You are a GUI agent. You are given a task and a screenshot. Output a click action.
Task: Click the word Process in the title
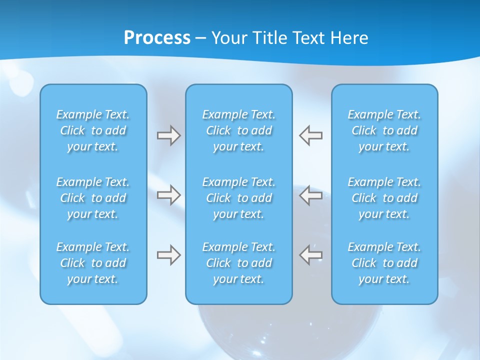pyautogui.click(x=157, y=38)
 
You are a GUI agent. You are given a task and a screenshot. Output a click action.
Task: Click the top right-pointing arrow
pyautogui.click(x=169, y=135)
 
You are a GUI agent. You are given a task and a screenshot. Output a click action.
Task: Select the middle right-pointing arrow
pyautogui.click(x=169, y=195)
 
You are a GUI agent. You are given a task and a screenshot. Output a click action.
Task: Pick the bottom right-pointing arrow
pyautogui.click(x=169, y=255)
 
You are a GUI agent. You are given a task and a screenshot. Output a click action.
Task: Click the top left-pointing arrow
pyautogui.click(x=310, y=135)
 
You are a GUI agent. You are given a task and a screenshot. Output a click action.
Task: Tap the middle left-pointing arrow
pyautogui.click(x=310, y=195)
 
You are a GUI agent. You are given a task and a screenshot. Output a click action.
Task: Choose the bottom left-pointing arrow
pyautogui.click(x=310, y=255)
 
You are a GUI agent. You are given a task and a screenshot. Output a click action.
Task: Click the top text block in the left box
pyautogui.click(x=93, y=130)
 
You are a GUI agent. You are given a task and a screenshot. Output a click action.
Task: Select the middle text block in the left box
pyautogui.click(x=93, y=198)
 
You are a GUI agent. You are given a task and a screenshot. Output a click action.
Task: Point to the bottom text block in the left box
pyautogui.click(x=93, y=263)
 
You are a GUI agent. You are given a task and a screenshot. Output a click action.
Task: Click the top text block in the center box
pyautogui.click(x=238, y=130)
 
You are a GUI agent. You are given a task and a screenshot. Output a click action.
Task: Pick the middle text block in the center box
pyautogui.click(x=238, y=198)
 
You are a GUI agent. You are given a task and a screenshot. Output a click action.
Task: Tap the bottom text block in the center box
pyautogui.click(x=238, y=263)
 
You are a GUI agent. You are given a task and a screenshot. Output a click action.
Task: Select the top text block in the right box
pyautogui.click(x=384, y=130)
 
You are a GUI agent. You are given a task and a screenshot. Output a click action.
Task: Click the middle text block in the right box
pyautogui.click(x=384, y=198)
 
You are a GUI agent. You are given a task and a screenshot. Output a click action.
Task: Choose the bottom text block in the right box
pyautogui.click(x=384, y=263)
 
